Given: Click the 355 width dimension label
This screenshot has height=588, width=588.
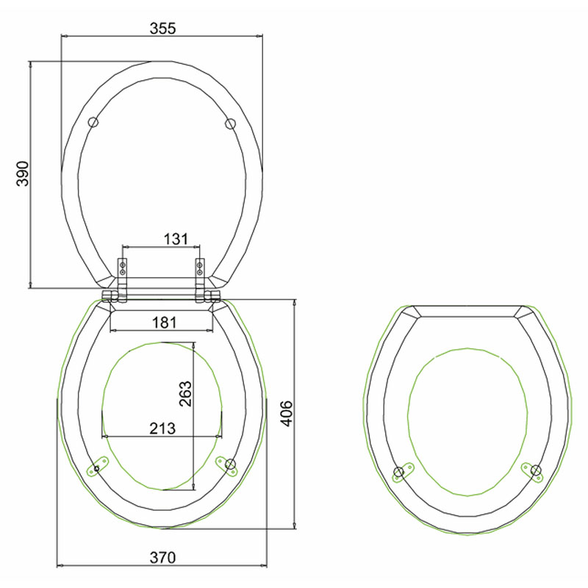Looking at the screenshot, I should click(162, 29).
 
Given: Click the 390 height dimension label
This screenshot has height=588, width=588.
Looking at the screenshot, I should click(23, 173).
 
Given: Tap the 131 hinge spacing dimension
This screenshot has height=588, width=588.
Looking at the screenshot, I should click(176, 239).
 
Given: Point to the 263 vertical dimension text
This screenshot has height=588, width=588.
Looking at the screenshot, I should click(185, 394).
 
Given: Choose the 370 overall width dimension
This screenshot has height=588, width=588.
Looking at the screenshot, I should click(162, 558).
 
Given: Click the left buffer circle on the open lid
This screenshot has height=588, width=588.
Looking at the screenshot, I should click(93, 123).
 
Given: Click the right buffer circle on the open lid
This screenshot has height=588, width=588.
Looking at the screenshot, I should click(230, 123).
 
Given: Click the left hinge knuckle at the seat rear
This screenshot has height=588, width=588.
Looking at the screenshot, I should click(111, 296).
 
